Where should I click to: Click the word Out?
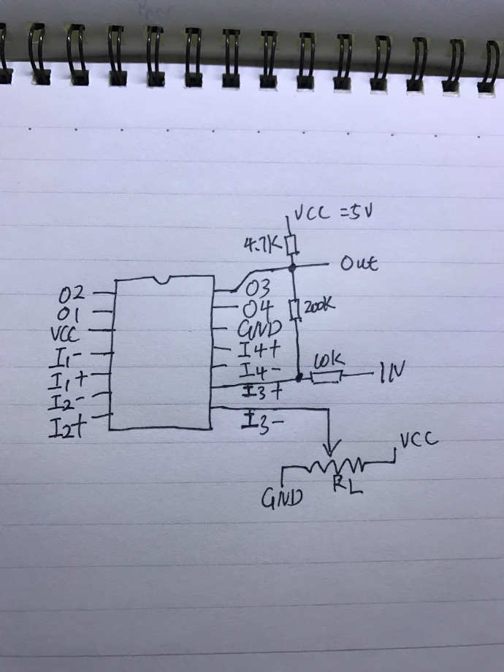(359, 264)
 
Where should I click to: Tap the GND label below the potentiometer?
(280, 500)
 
